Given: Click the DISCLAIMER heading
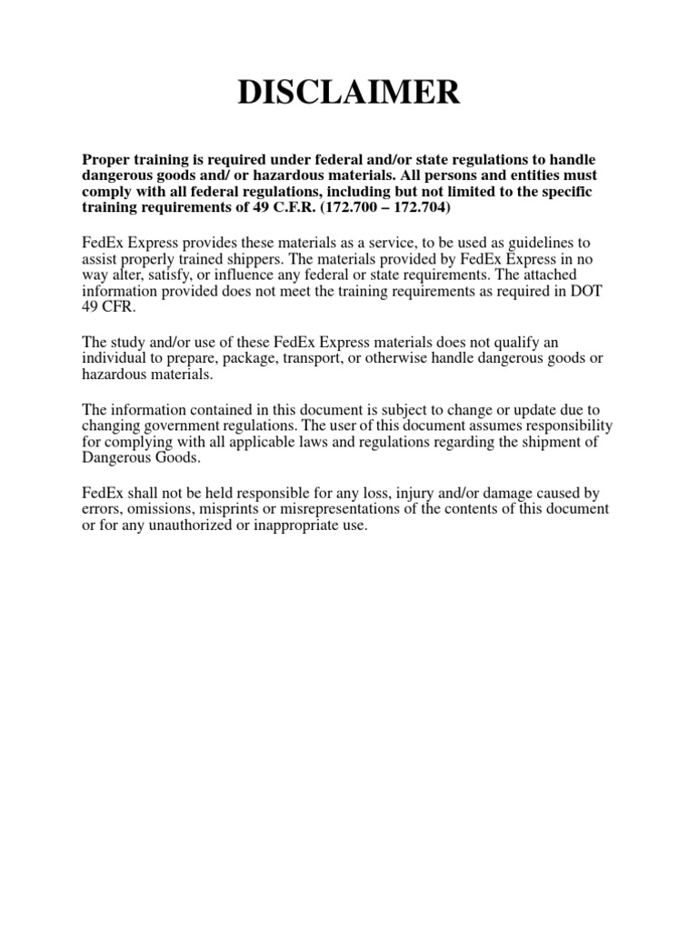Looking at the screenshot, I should (349, 94).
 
